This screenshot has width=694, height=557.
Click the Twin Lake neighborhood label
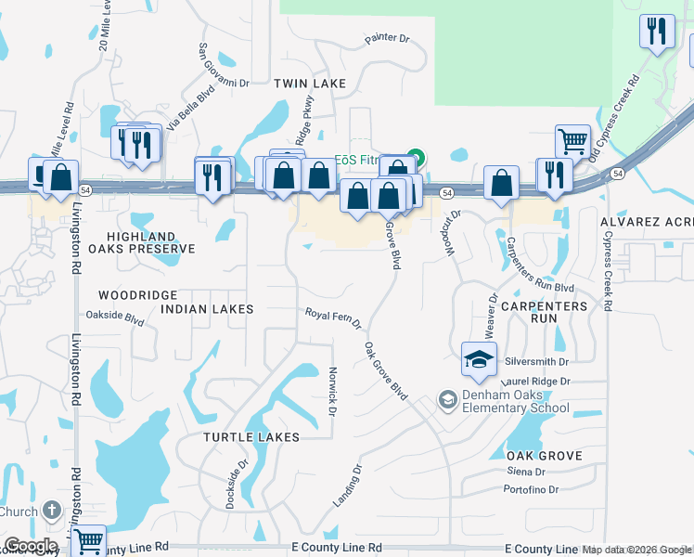pos(310,84)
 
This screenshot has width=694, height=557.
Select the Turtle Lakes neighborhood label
pos(252,436)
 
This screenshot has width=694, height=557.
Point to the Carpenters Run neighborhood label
pos(544,312)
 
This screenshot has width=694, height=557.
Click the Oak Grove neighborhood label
pos(544,456)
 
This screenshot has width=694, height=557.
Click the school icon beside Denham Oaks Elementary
pos(447,399)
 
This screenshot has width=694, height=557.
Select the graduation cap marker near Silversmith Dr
pos(479,360)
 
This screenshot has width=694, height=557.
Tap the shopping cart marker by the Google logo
pos(88,541)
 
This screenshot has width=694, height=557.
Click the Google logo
pos(31,546)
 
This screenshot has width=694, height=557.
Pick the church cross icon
pos(52,512)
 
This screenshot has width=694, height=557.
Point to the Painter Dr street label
pos(387,39)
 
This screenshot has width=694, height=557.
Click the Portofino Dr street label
pos(532,489)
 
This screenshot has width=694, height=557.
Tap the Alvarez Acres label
pos(647,223)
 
